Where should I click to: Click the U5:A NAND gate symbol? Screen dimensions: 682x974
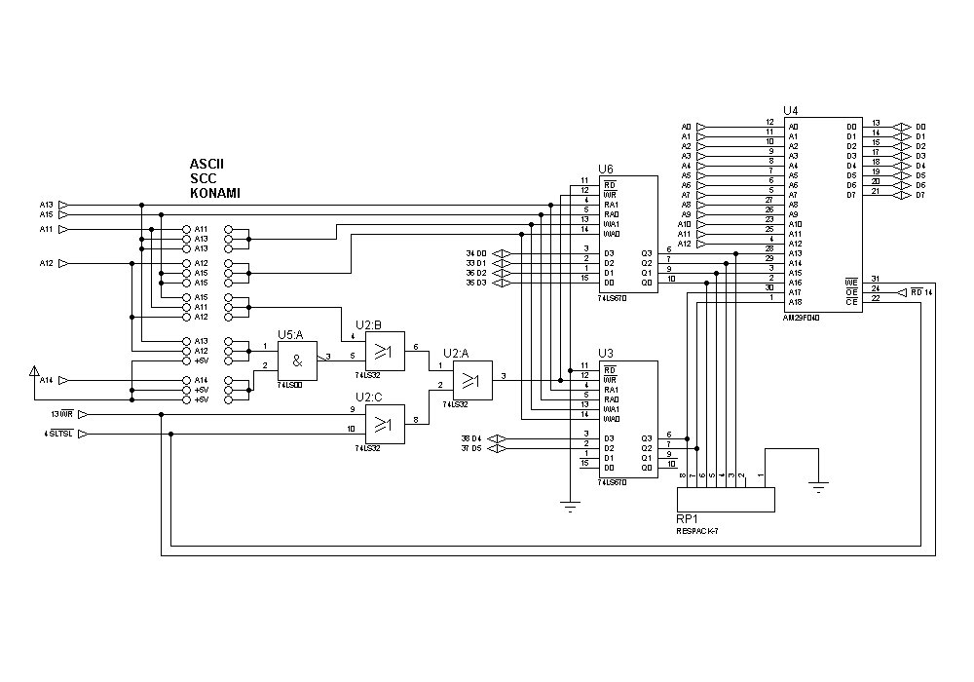298,360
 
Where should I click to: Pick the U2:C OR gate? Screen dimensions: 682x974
384,424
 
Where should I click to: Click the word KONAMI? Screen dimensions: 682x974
215,194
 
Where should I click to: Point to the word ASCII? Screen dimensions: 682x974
207,165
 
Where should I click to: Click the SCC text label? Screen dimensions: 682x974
203,179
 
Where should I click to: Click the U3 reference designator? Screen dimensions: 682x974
606,353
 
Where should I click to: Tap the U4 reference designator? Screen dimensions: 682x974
790,112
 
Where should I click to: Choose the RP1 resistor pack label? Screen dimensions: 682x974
688,519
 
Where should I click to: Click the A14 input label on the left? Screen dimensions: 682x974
47,380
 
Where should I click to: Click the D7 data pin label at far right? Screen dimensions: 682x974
919,195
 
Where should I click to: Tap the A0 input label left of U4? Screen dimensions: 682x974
686,127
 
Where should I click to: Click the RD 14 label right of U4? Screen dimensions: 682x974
921,291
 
